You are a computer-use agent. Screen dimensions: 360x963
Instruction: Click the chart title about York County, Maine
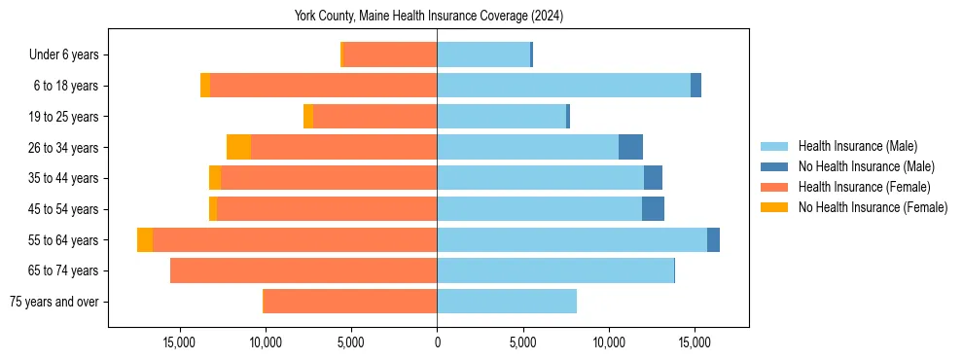(429, 16)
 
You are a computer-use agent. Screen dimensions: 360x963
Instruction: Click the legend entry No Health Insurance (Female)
(873, 207)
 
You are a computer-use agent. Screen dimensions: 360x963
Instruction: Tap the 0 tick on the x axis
(437, 342)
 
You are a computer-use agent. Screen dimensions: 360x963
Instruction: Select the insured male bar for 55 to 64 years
(572, 240)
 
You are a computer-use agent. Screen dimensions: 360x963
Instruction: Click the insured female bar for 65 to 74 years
(303, 270)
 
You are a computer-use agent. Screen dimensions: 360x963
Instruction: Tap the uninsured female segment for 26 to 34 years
(238, 147)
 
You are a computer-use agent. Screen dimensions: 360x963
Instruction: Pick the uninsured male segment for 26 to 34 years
(630, 147)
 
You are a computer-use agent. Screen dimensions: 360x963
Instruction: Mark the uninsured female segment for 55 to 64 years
(145, 240)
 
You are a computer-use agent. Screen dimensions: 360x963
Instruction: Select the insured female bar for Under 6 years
(390, 55)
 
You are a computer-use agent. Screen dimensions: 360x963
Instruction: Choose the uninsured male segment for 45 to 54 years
(653, 209)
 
